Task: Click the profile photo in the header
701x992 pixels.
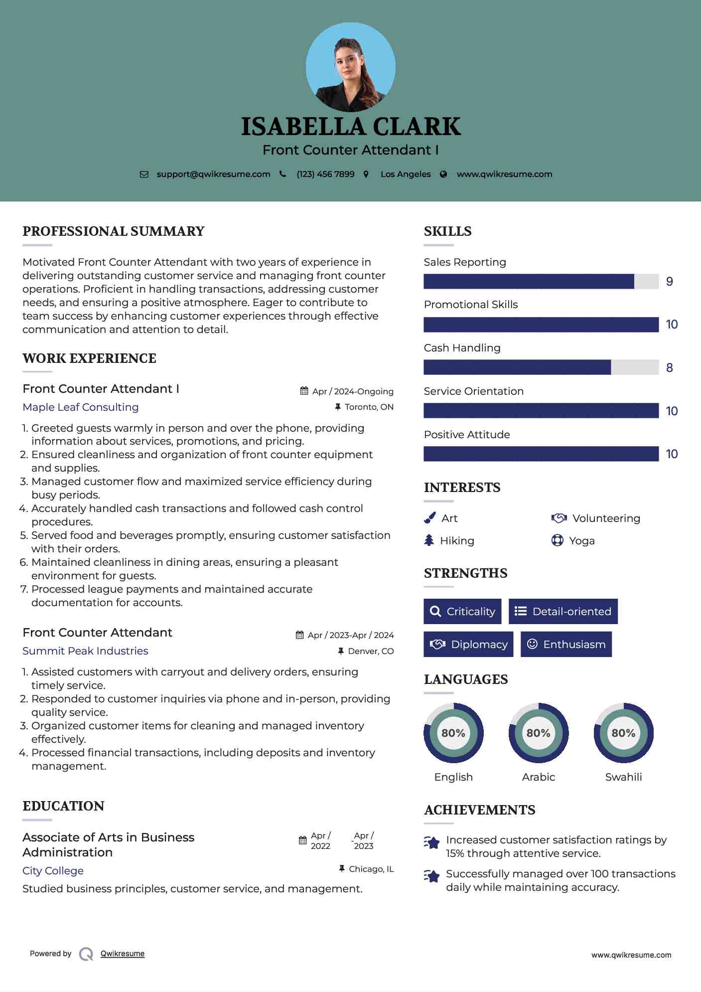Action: pos(350,67)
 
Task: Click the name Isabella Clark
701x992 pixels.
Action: pos(351,127)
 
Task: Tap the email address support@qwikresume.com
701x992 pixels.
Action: pos(213,174)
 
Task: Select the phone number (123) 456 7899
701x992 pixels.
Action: pos(325,174)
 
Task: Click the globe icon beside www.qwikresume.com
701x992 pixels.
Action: pos(443,174)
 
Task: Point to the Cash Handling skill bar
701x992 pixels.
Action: pos(541,367)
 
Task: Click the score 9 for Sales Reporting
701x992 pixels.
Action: pos(669,282)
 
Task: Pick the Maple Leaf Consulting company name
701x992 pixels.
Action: pos(81,407)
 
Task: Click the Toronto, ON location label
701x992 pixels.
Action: pos(369,407)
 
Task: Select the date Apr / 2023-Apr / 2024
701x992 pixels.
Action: pos(350,635)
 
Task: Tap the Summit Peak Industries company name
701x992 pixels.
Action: pos(85,651)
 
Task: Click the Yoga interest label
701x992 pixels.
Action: pos(581,541)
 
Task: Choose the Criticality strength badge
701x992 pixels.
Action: pos(462,611)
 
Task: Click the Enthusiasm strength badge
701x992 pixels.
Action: pos(566,644)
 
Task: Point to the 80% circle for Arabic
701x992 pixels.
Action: pos(538,733)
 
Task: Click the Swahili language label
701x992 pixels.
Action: pos(623,777)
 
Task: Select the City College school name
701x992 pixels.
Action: pos(53,871)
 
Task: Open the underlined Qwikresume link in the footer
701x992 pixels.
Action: pos(123,954)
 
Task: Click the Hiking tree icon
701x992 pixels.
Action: pos(429,540)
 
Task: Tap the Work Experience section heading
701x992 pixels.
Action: pos(89,358)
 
